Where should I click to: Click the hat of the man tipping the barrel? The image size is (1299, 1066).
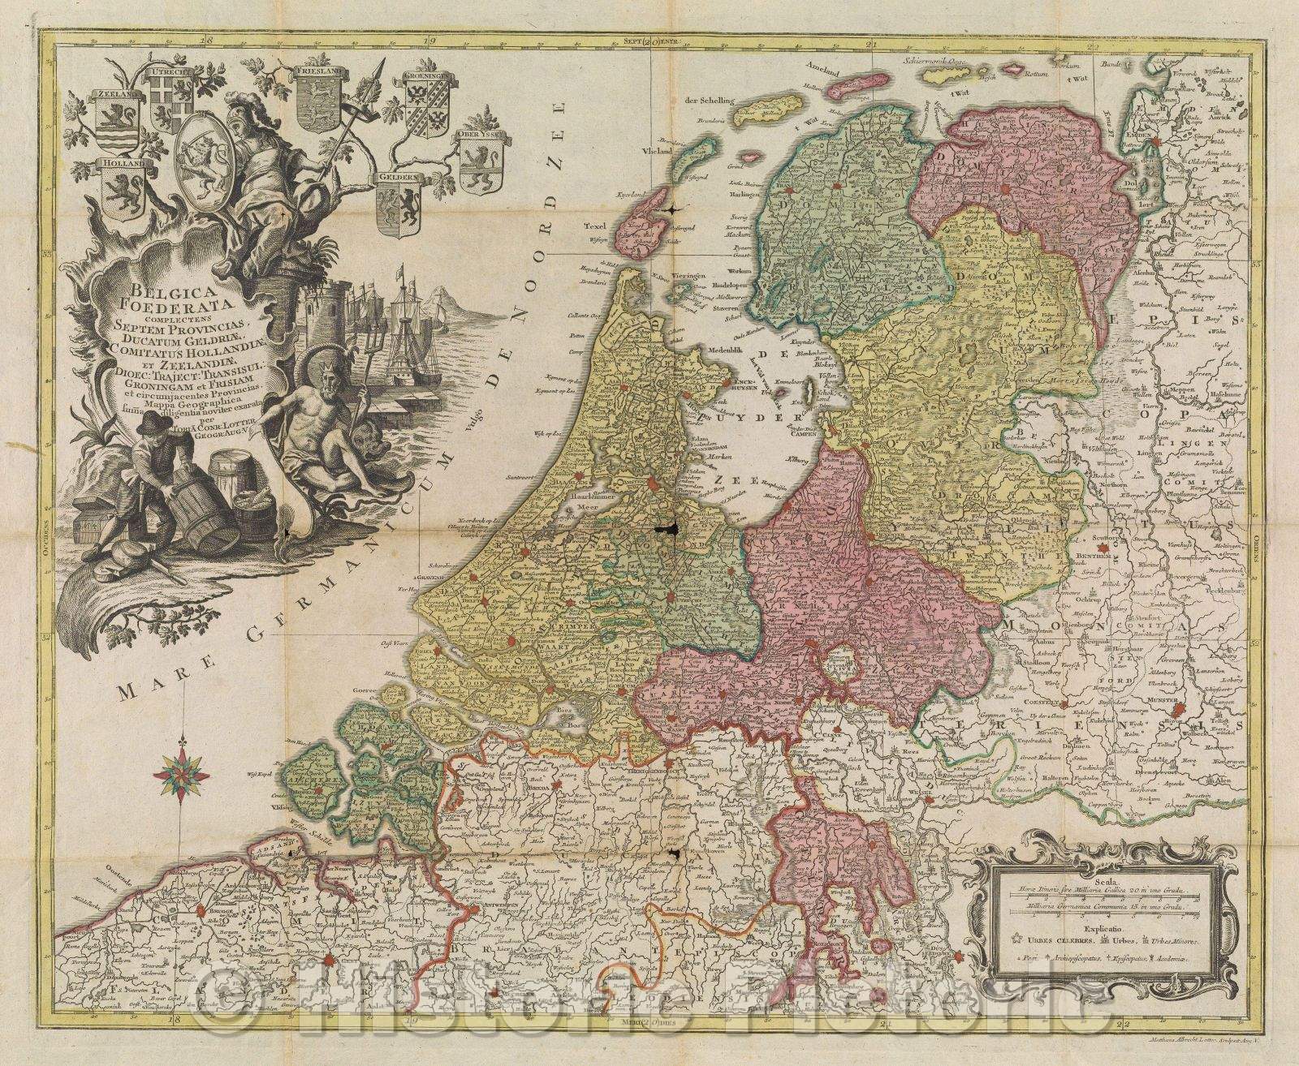(x=151, y=427)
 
